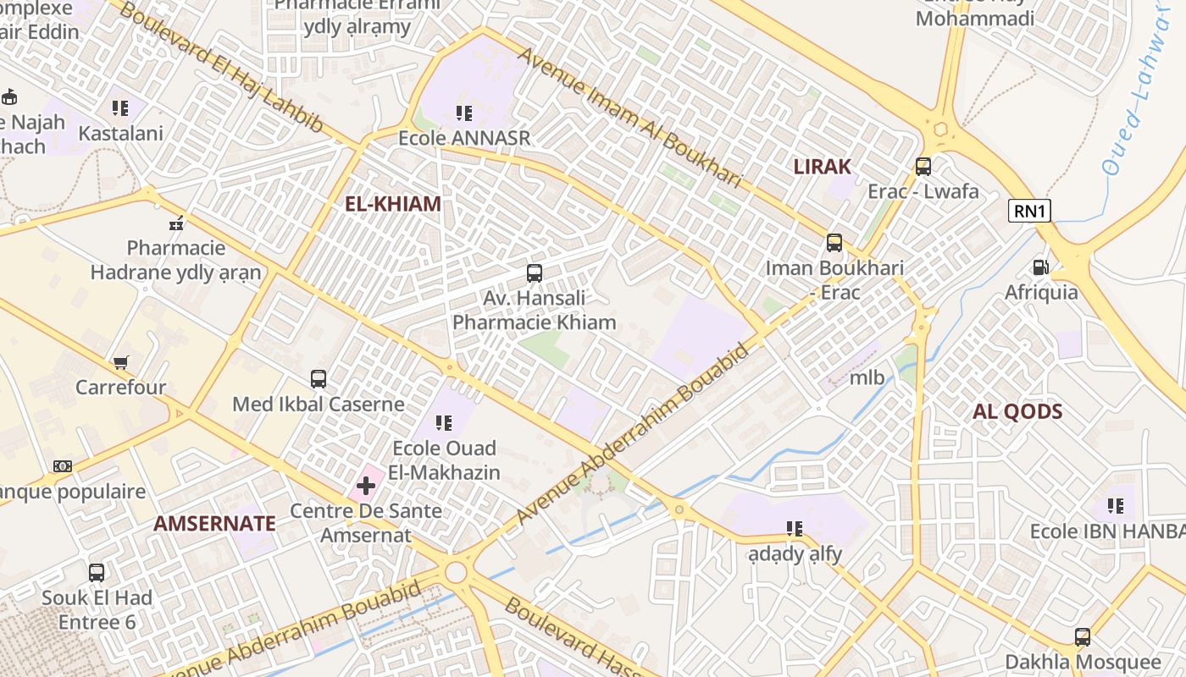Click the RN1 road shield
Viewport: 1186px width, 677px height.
[1029, 211]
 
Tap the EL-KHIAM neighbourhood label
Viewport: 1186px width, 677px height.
[393, 204]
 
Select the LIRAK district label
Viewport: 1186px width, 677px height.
[822, 167]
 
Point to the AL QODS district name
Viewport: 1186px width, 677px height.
[1017, 412]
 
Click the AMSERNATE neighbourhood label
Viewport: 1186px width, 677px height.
[214, 524]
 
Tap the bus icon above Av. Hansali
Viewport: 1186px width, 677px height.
[535, 273]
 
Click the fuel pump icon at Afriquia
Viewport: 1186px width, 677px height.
[1040, 267]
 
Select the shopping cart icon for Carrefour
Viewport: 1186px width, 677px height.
[120, 362]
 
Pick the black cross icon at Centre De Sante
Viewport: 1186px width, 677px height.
[366, 486]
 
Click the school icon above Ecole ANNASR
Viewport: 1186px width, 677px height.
[463, 113]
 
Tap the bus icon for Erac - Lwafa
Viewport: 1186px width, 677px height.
[923, 167]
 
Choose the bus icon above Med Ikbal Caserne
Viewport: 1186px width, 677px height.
[319, 379]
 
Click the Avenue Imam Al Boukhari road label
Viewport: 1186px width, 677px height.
[629, 117]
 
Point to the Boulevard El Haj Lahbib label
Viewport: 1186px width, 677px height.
[221, 68]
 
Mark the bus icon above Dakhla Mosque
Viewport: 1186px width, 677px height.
[1083, 637]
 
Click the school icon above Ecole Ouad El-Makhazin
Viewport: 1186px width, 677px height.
[444, 423]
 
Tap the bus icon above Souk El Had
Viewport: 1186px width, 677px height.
[97, 573]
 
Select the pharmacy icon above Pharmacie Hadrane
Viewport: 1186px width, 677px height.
[176, 223]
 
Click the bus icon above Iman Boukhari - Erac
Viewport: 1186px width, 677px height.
[834, 244]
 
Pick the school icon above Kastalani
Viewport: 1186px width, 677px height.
[120, 108]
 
